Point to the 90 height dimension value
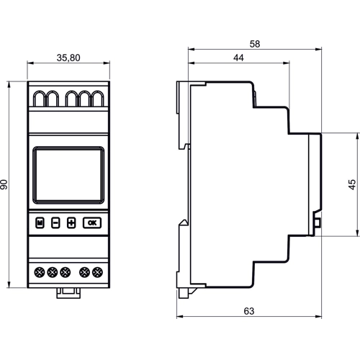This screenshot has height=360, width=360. click(x=6, y=185)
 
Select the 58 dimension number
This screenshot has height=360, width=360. click(x=254, y=43)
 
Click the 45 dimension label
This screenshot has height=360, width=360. click(x=351, y=185)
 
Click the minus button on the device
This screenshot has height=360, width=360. click(x=55, y=222)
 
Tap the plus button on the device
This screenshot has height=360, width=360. click(x=71, y=222)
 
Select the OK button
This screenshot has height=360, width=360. click(x=91, y=222)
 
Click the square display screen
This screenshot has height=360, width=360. click(x=68, y=176)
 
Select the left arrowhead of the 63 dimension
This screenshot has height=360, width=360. click(x=181, y=320)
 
